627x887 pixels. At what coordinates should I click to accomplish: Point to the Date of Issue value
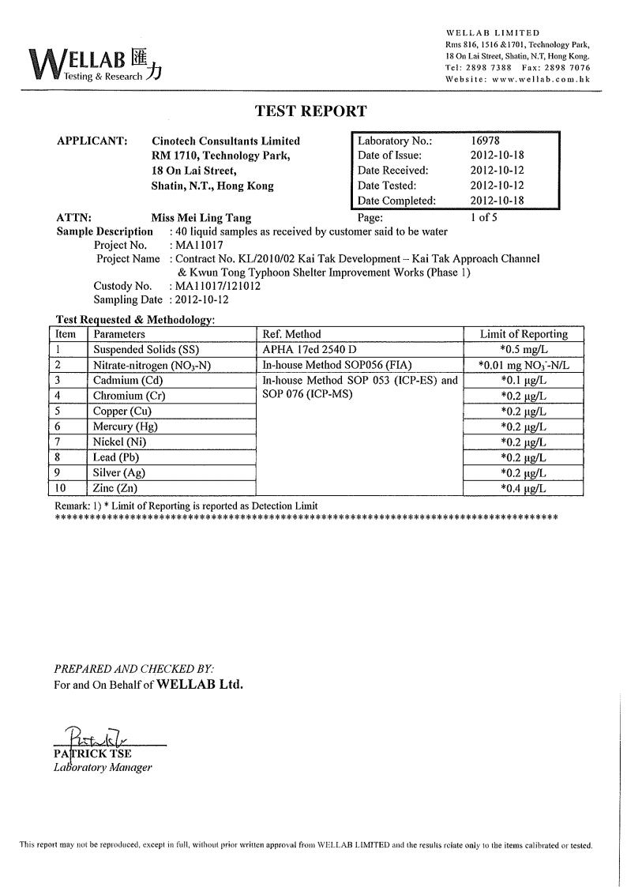click(x=497, y=156)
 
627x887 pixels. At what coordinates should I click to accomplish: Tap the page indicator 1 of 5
click(x=483, y=216)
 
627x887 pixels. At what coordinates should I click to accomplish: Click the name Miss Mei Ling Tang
click(x=201, y=217)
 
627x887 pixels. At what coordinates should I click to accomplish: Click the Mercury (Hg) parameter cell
click(x=126, y=427)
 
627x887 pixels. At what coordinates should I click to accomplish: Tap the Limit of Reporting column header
click(x=524, y=334)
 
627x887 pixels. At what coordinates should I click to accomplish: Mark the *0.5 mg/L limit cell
click(x=524, y=349)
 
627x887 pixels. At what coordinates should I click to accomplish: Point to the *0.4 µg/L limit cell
click(x=524, y=489)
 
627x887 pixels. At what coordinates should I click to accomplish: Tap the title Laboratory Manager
click(x=103, y=767)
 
